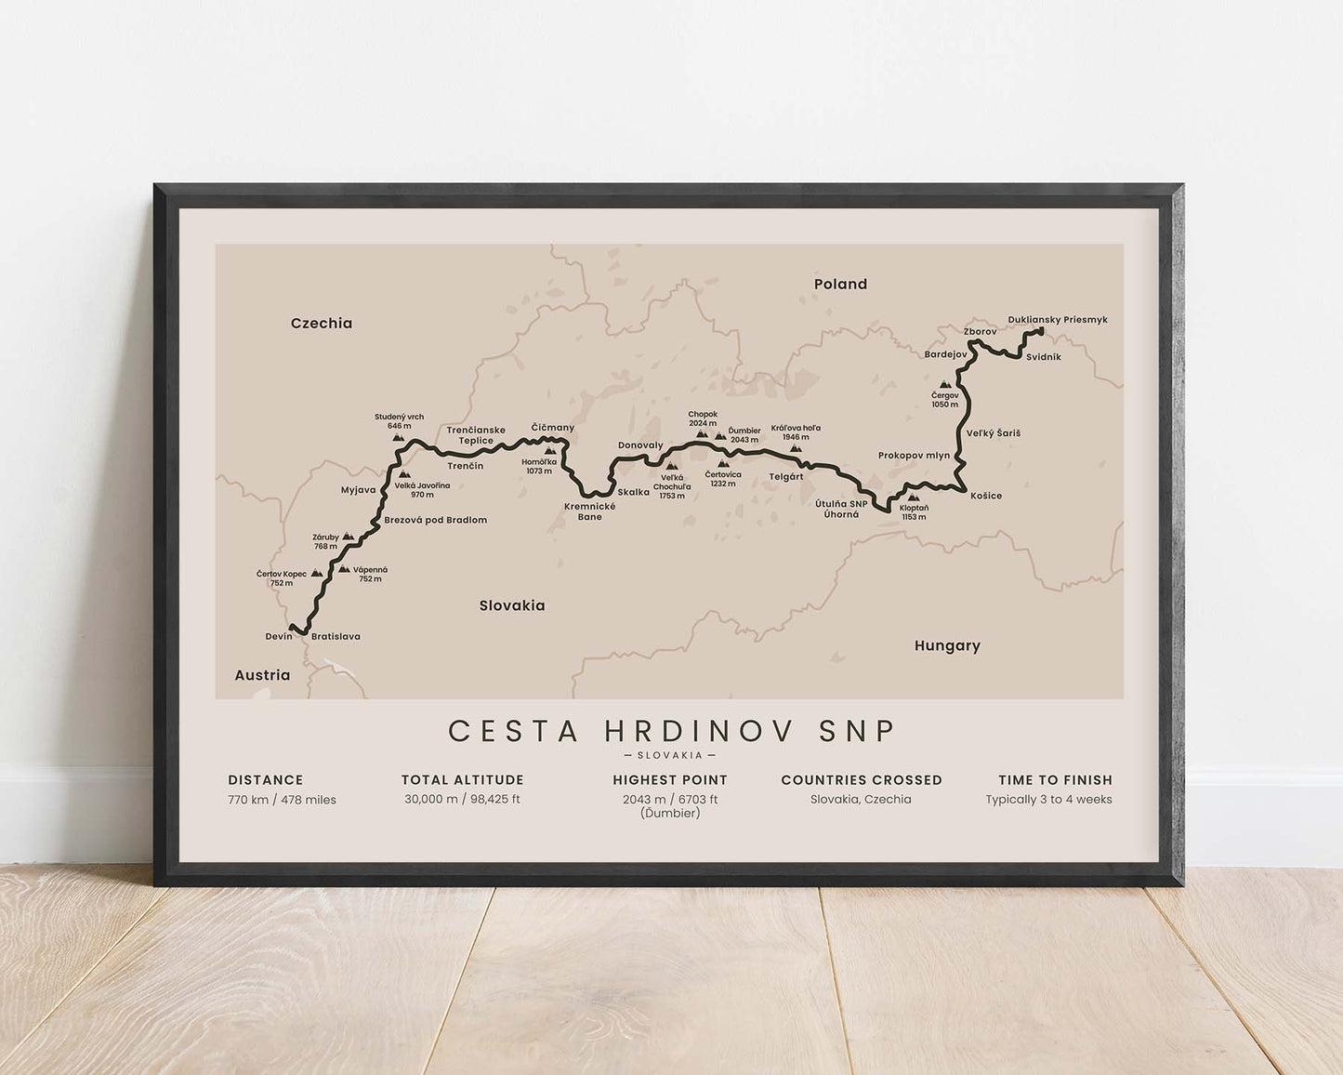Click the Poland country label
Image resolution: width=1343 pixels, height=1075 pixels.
pyautogui.click(x=840, y=285)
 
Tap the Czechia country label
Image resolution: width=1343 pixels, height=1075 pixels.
pyautogui.click(x=322, y=324)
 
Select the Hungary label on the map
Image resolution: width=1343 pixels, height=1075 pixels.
pyautogui.click(x=947, y=645)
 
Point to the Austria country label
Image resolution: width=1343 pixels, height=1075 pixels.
pyautogui.click(x=262, y=675)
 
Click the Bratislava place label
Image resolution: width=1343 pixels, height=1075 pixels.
pyautogui.click(x=336, y=637)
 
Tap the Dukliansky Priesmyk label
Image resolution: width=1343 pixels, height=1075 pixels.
pyautogui.click(x=1058, y=320)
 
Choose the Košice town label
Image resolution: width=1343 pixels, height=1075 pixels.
pyautogui.click(x=986, y=496)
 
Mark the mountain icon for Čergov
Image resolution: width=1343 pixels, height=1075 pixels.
pyautogui.click(x=945, y=384)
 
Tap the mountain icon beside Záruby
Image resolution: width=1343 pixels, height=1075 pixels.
pyautogui.click(x=348, y=537)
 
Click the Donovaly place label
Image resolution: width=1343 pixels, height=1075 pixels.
pyautogui.click(x=640, y=445)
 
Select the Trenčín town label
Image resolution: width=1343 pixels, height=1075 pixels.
pyautogui.click(x=465, y=466)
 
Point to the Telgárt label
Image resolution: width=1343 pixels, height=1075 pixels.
pyautogui.click(x=785, y=476)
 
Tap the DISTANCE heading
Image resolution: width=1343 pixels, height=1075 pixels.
pyautogui.click(x=266, y=780)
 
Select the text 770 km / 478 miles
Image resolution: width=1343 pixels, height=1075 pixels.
pyautogui.click(x=282, y=800)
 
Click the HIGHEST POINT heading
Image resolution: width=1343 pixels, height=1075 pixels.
pyautogui.click(x=670, y=780)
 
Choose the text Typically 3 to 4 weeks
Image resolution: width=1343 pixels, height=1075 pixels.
pyautogui.click(x=1048, y=800)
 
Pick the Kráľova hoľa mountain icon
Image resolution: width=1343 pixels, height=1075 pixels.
pyautogui.click(x=796, y=448)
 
